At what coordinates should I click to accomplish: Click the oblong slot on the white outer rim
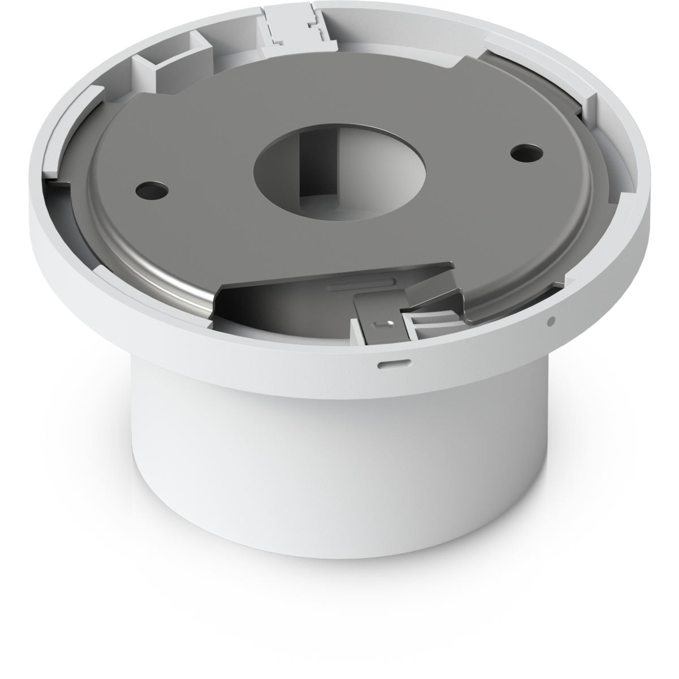pyautogui.click(x=389, y=362)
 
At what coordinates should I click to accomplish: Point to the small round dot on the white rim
pyautogui.click(x=550, y=323)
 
